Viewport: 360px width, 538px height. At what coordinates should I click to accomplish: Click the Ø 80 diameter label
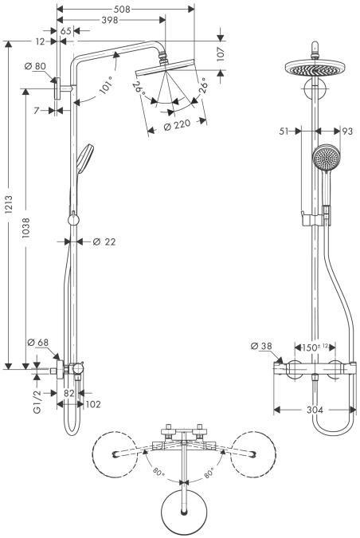click(x=35, y=66)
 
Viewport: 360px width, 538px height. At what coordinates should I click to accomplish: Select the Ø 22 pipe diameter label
click(x=104, y=242)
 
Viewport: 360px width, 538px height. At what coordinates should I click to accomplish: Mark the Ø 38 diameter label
click(x=260, y=347)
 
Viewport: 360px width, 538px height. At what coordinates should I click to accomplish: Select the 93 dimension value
click(x=347, y=132)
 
